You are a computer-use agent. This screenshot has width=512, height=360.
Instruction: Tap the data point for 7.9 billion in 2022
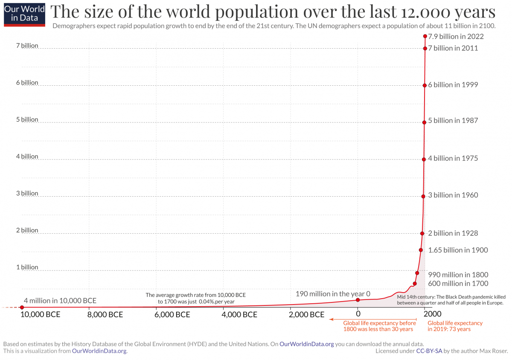coord(425,36)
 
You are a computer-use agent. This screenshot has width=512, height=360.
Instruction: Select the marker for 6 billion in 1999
coord(425,85)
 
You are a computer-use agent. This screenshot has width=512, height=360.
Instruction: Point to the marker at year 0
coord(358,300)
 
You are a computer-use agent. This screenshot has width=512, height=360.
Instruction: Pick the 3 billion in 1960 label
coord(453,195)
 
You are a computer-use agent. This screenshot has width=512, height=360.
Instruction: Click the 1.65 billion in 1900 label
coord(458,250)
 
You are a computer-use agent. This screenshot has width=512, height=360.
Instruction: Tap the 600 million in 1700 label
coord(458,284)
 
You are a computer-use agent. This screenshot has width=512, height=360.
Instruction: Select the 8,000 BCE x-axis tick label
coord(105,315)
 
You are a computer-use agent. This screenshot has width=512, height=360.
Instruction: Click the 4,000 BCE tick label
coord(240,315)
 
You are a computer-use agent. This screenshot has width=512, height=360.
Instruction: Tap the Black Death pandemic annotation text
coord(451,299)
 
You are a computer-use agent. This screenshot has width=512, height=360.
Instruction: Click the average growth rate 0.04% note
coord(196,298)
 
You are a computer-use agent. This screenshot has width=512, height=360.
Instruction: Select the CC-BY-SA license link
coord(429,351)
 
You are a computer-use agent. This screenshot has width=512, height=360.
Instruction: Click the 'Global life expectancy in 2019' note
coord(455,326)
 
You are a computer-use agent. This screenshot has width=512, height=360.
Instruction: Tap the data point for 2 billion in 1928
coord(422,233)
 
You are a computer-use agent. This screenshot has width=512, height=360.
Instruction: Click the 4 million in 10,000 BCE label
coord(60,300)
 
